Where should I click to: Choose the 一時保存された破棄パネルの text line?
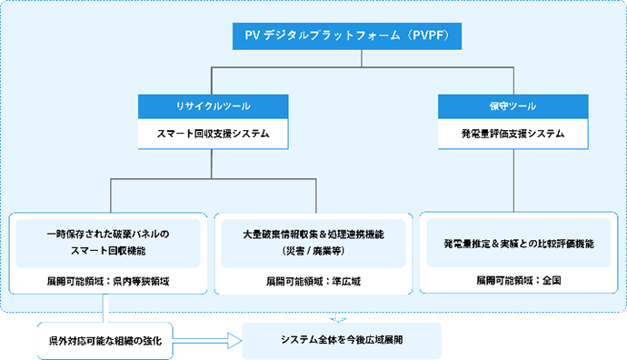tap(107, 234)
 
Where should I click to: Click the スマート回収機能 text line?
tap(107, 248)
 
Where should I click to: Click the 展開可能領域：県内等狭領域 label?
tap(107, 282)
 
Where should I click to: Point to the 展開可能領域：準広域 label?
tap(313, 282)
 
